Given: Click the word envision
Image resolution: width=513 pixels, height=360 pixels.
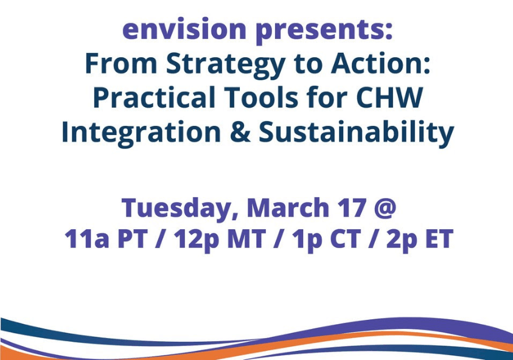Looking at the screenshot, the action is click(184, 29).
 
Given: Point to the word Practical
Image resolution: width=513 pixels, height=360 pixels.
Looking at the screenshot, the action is click(154, 97).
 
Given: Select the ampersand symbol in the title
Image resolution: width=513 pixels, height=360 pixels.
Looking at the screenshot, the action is click(240, 132).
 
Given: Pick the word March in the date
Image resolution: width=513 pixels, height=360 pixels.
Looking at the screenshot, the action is click(288, 207).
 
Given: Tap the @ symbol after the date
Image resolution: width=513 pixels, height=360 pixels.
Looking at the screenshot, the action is click(385, 209).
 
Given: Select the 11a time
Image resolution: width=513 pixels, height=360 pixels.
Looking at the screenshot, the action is click(86, 239).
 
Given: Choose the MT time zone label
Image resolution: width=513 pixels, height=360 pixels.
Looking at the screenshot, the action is click(246, 239).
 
